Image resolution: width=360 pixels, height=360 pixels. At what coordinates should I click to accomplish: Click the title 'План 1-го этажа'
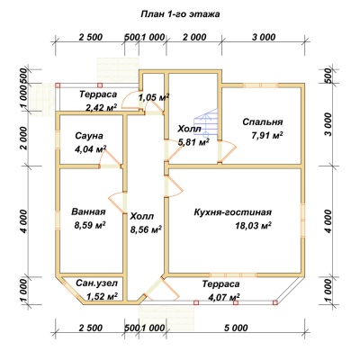click(x=180, y=14)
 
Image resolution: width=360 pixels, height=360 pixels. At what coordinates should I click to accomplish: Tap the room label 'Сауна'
click(x=89, y=136)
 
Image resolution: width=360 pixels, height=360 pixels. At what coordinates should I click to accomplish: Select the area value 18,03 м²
click(x=254, y=225)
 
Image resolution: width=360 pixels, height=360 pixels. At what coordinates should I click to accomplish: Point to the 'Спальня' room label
click(x=263, y=122)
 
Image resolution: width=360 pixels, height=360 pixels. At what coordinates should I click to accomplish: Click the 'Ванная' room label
click(x=88, y=211)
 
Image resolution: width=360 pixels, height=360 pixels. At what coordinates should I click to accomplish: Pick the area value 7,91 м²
click(x=267, y=136)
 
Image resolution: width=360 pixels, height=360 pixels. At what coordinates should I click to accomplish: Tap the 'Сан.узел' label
click(x=96, y=283)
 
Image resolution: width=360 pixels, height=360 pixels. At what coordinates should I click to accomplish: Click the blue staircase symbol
click(x=205, y=123)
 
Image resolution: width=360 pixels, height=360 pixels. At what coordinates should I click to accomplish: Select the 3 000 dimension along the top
click(x=264, y=38)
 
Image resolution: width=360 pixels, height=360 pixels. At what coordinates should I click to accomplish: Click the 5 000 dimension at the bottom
click(x=236, y=328)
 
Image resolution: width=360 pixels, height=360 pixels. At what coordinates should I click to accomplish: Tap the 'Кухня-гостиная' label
click(x=233, y=212)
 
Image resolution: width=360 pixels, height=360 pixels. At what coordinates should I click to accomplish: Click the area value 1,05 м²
click(x=154, y=97)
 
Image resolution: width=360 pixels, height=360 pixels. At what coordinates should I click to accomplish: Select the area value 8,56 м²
click(x=146, y=229)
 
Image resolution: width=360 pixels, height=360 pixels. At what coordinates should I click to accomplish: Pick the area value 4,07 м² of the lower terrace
click(x=224, y=297)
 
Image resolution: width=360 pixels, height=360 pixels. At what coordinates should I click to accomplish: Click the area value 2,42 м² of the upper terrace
click(x=102, y=107)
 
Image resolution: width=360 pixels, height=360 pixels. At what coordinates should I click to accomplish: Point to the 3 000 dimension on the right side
click(x=328, y=124)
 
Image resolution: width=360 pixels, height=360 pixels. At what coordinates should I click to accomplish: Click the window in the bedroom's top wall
click(x=260, y=85)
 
